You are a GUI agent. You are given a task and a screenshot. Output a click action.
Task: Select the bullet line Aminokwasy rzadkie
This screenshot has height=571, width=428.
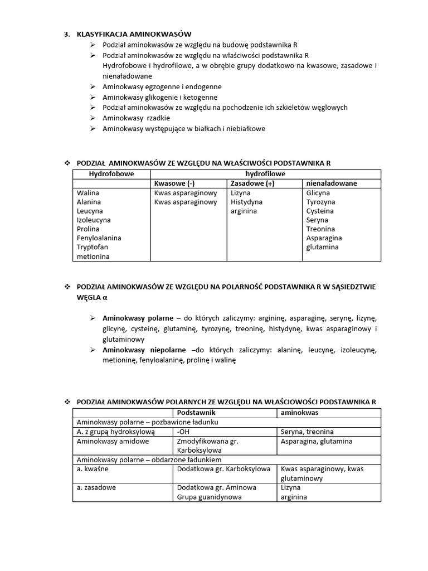136,118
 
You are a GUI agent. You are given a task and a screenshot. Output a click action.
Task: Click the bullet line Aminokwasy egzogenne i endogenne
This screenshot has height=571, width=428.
162,87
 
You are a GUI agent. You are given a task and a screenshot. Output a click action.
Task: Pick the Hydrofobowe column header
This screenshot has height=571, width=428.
112,175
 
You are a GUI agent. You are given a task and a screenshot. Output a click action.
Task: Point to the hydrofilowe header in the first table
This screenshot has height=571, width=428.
265,175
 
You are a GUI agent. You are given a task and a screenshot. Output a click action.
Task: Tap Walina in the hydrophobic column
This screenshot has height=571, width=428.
88,193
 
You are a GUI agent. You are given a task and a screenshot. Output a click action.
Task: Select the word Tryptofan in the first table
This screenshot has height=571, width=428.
93,247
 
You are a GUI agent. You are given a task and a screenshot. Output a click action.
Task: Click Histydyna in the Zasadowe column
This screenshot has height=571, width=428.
246,202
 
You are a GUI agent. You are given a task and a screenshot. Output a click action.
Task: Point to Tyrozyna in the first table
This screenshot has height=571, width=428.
320,202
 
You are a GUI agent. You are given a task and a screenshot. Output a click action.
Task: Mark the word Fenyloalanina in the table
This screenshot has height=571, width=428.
99,238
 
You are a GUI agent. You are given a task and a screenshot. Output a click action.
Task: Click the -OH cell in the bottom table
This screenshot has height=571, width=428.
182,432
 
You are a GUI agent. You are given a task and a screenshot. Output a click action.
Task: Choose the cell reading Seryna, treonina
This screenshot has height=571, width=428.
307,432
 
